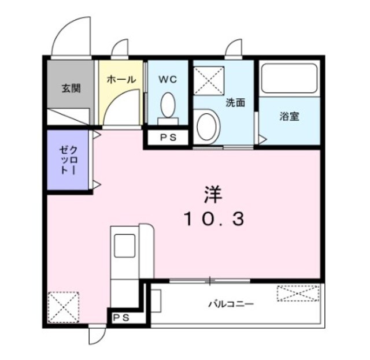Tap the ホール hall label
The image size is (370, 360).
pos(121,79)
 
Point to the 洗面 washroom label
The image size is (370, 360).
pos(235,103)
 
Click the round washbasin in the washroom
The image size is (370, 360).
pos(206,125)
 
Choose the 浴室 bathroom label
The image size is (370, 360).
pos(289,116)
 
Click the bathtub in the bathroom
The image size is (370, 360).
pos(289,80)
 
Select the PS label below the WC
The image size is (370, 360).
pos(168,138)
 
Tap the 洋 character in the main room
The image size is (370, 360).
pos(212,195)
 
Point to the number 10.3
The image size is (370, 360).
pos(214,218)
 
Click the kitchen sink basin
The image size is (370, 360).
pos(124,245)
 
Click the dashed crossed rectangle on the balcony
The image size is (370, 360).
pos(297,294)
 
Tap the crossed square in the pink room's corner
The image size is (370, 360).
pos(63,306)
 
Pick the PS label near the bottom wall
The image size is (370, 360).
pos(121,317)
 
